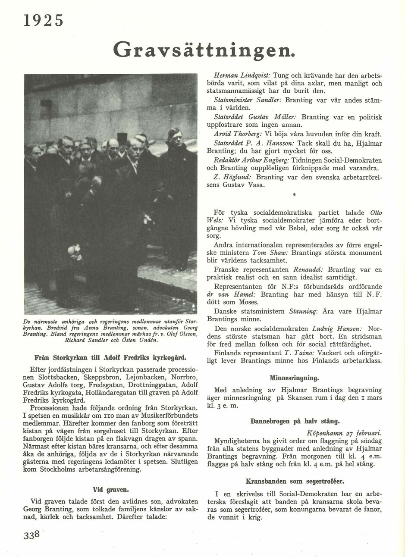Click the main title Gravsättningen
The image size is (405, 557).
coord(204,50)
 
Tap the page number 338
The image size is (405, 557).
coord(32,535)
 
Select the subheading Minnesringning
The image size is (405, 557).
coord(294,378)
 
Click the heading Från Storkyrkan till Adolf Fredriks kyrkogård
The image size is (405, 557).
coord(110,357)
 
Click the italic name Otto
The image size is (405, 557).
coord(376,213)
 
